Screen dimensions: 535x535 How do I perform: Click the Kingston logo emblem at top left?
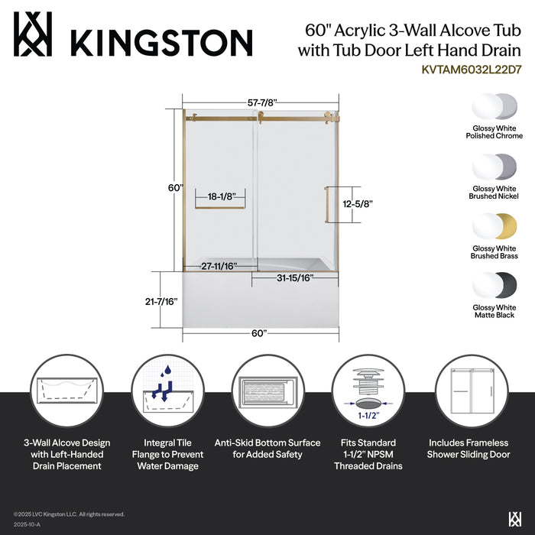pyautogui.click(x=32, y=34)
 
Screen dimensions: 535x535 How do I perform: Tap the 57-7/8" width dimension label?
pyautogui.click(x=261, y=102)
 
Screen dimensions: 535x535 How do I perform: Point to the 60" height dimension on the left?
pyautogui.click(x=176, y=188)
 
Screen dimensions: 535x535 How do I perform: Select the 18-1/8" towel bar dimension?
pyautogui.click(x=220, y=196)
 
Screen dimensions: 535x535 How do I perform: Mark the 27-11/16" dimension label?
pyautogui.click(x=219, y=266)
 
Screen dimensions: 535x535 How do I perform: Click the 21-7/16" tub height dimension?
pyautogui.click(x=160, y=301)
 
